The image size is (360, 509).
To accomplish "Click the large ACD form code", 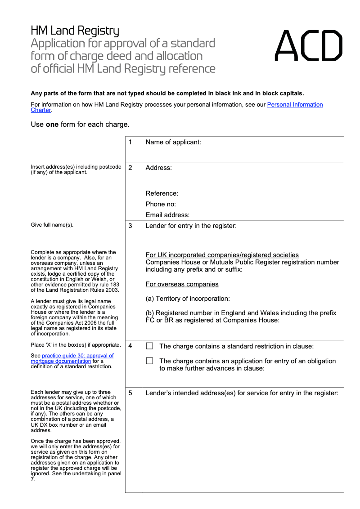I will [x=308, y=46].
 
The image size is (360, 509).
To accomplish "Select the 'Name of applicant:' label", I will [x=173, y=142].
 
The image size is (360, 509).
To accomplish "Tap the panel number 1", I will [x=130, y=142].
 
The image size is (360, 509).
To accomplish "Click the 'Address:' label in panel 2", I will [x=158, y=168].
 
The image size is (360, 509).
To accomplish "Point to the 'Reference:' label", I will [x=162, y=193].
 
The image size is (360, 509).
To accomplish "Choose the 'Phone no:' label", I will [x=161, y=204].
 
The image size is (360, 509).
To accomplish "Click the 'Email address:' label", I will [x=167, y=215].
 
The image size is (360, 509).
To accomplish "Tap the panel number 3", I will [x=130, y=226].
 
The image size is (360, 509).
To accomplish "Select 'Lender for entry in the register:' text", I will [x=191, y=226].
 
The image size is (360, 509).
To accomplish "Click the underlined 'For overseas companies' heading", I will [x=182, y=284].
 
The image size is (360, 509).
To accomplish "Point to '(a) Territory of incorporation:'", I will [x=188, y=299].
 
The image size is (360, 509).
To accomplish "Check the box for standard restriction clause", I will [x=150, y=346].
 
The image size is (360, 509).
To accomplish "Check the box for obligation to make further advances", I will [x=150, y=361].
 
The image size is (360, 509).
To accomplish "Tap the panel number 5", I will [x=130, y=393].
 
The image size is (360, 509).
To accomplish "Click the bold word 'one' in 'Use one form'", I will [x=52, y=125].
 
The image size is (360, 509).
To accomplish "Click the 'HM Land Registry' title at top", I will [x=75, y=31].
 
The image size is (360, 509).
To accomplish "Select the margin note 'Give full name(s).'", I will [x=52, y=225].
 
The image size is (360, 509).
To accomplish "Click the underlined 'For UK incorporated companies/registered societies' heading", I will [x=222, y=255].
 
